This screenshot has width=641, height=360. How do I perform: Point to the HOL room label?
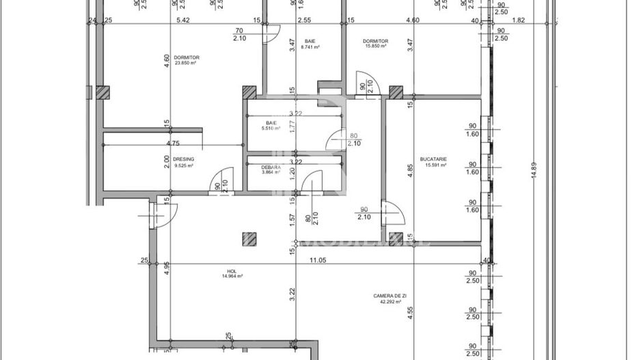232,271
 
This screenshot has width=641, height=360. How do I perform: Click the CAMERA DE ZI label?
390,296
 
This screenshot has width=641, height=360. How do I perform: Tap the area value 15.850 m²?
375,47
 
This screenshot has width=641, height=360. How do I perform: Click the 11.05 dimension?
317,260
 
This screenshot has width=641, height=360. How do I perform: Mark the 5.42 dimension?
182,21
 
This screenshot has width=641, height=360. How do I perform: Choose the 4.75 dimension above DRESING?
173,143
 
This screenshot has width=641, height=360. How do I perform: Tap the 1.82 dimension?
519,21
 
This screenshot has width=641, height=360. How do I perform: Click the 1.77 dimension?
292,126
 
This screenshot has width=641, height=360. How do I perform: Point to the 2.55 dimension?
305,21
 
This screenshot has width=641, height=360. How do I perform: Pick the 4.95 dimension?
166,286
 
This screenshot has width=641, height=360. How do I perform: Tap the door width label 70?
239,31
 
